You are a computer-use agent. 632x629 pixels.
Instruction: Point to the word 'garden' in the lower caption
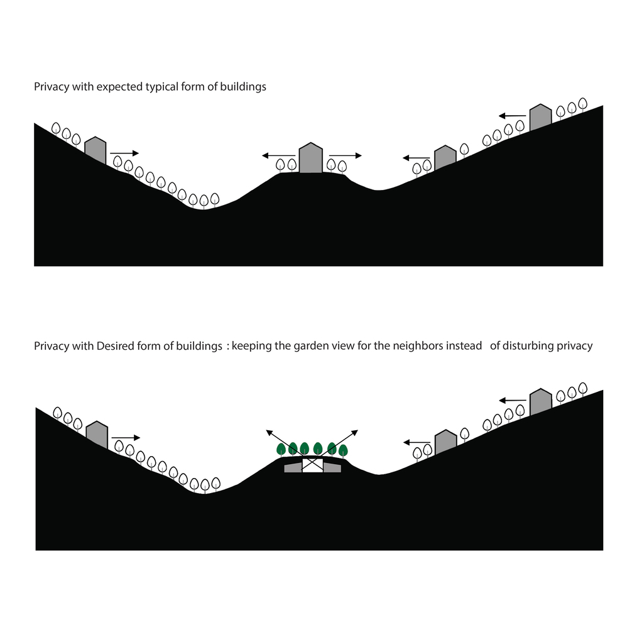click(x=308, y=346)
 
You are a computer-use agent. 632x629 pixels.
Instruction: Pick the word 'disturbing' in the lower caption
click(x=528, y=346)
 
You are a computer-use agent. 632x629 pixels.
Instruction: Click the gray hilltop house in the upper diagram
click(x=311, y=158)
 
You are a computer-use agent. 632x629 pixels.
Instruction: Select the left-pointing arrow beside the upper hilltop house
click(x=279, y=156)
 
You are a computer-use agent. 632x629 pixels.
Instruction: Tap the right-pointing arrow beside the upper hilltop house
click(x=346, y=156)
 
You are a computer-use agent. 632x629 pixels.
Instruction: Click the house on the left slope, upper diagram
click(x=95, y=150)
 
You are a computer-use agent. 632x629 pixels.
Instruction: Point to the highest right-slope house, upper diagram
click(x=540, y=118)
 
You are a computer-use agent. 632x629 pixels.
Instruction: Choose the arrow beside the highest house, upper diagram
click(x=512, y=116)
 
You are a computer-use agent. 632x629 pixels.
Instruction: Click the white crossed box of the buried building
click(x=313, y=465)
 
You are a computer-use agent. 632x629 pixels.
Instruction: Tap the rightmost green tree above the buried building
click(x=343, y=450)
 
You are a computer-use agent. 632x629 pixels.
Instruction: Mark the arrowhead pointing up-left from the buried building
click(x=269, y=433)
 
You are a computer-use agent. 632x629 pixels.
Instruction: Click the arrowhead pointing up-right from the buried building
click(x=355, y=433)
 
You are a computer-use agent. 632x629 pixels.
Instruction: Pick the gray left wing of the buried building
click(x=293, y=467)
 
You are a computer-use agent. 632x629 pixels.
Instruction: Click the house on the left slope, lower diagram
click(x=97, y=435)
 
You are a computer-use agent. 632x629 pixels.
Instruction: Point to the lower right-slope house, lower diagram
click(x=446, y=442)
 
